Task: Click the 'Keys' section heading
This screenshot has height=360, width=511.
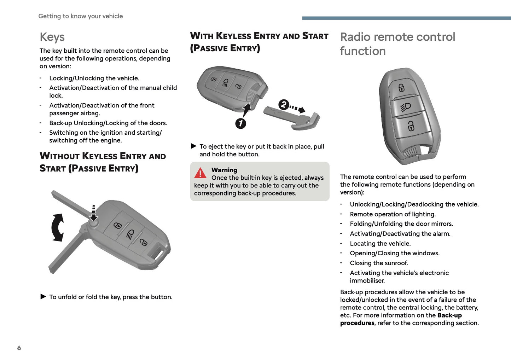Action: coord(52,37)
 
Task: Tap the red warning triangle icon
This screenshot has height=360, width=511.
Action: coord(200,173)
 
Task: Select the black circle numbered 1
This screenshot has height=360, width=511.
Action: coord(240,123)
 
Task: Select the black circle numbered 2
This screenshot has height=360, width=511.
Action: coord(283,105)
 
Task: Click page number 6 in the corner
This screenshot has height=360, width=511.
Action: coord(19,348)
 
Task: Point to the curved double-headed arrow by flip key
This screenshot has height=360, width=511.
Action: coord(58,227)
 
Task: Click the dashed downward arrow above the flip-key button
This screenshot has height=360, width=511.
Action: coord(93,213)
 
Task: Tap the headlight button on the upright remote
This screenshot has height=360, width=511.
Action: coord(406,106)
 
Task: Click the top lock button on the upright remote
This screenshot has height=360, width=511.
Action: coord(401,87)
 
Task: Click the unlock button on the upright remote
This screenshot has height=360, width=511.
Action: coord(411,126)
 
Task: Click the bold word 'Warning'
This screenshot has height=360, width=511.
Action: coord(224,170)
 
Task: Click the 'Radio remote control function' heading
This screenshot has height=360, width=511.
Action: coord(397,44)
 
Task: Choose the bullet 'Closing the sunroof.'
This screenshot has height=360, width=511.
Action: coord(379,263)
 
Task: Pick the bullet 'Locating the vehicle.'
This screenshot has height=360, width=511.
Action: coord(380,244)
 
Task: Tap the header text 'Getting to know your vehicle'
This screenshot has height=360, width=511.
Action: coord(81,16)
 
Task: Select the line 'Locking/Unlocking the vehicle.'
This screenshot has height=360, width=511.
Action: coord(94,78)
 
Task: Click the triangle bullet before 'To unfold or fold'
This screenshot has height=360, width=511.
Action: coord(43,297)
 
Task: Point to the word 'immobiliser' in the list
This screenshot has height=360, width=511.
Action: coord(367,281)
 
